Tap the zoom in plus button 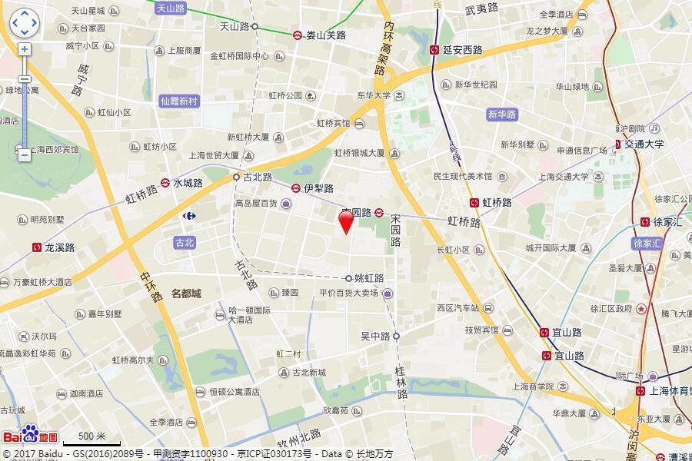25,49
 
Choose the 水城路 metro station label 188,183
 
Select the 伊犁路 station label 318,188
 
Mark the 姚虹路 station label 369,278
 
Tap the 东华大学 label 374,96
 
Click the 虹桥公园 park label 286,96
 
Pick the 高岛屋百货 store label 257,204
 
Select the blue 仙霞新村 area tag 178,101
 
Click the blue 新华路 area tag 503,114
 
